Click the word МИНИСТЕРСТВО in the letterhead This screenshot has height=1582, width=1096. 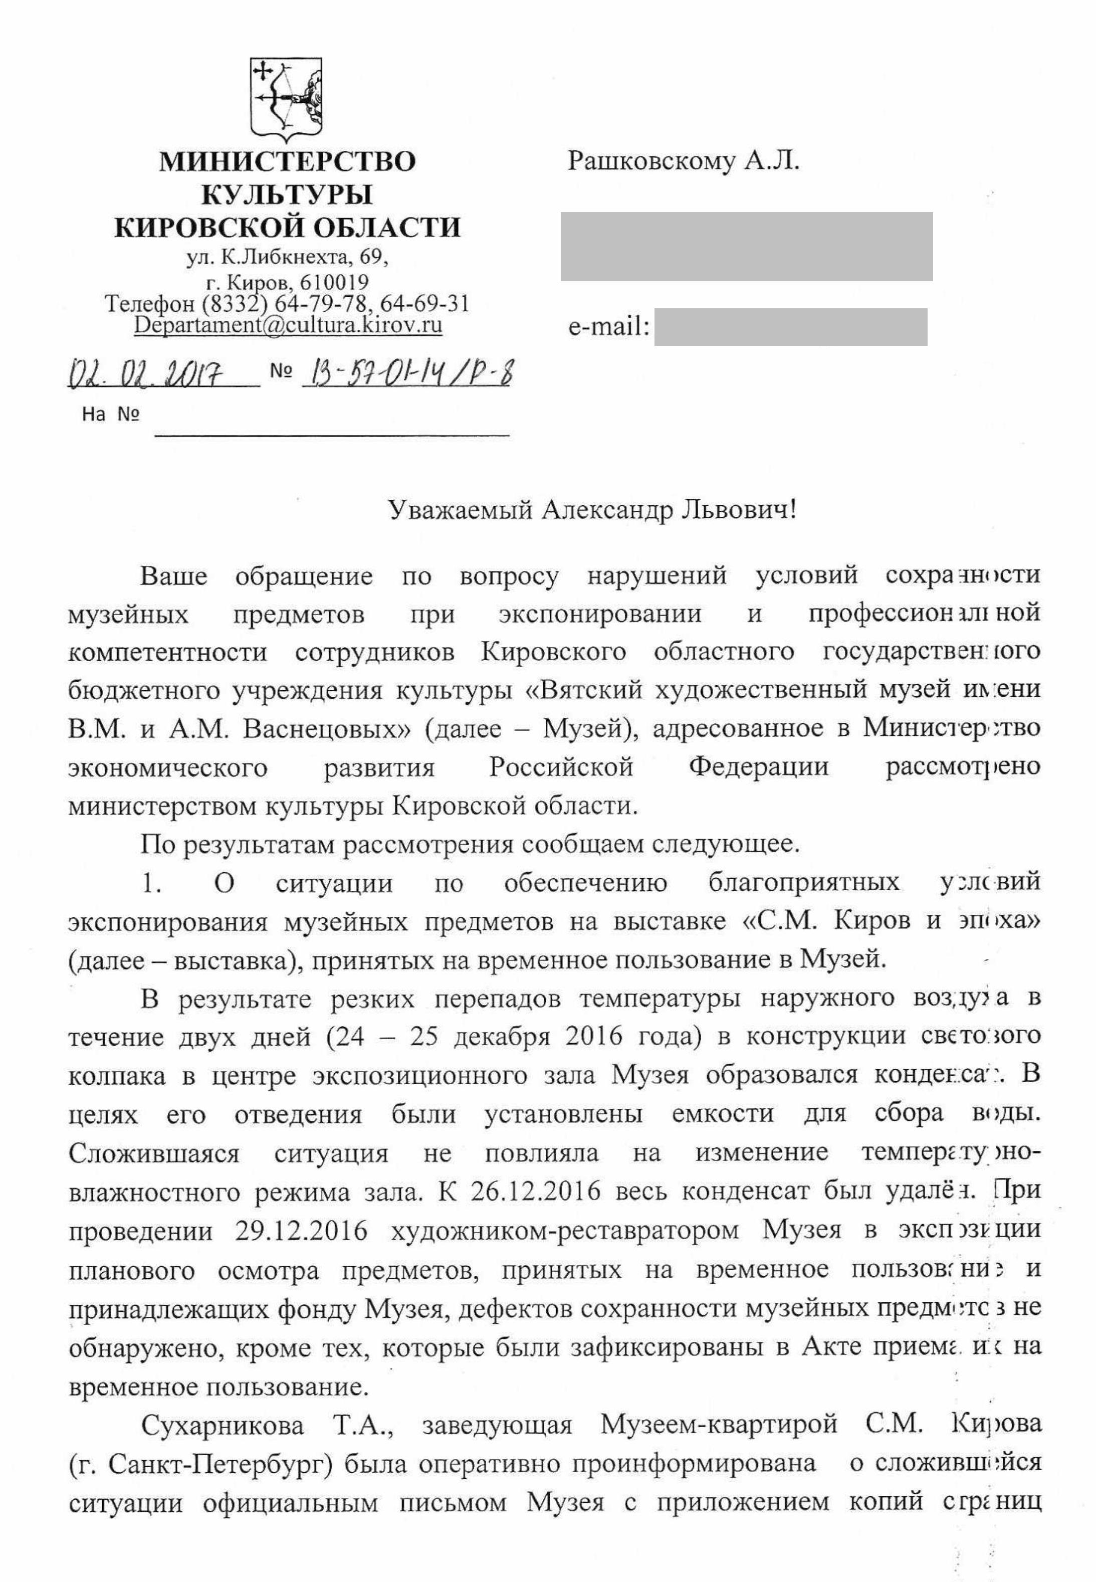tap(287, 161)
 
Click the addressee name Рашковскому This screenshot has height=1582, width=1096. tap(649, 161)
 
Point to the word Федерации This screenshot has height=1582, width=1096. tap(759, 766)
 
